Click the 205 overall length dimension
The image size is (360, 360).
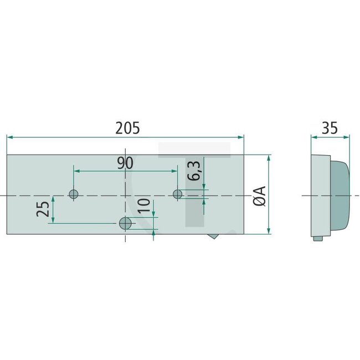[x=127, y=127]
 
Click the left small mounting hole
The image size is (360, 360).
[x=73, y=194]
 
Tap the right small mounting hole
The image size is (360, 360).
[x=178, y=194]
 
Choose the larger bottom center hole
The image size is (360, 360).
[x=126, y=223]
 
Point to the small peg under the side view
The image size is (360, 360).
[x=317, y=239]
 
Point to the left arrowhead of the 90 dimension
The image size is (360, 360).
[x=76, y=172]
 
